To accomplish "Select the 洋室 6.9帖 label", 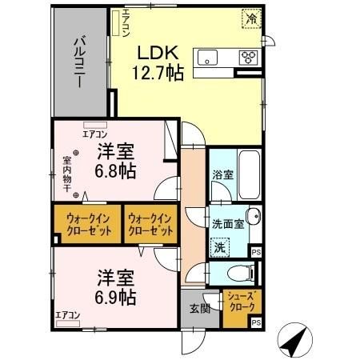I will click(x=116, y=286).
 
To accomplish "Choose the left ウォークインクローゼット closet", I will click(x=86, y=224).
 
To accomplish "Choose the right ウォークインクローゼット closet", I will click(x=150, y=224).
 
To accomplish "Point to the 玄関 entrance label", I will click(x=200, y=309).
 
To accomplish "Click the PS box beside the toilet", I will click(x=256, y=253).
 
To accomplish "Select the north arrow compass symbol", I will click(x=293, y=342).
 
